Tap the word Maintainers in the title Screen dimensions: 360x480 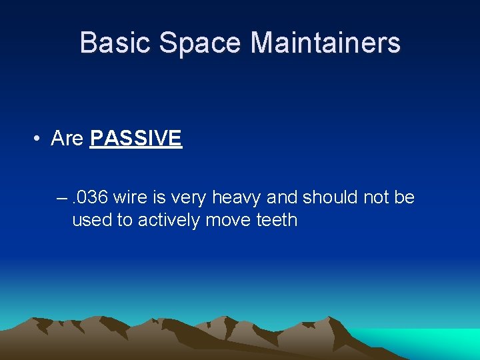click(325, 43)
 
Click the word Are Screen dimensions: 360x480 click(67, 139)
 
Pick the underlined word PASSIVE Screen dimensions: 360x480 click(135, 139)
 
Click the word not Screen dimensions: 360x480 click(380, 198)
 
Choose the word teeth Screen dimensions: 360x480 click(277, 220)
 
